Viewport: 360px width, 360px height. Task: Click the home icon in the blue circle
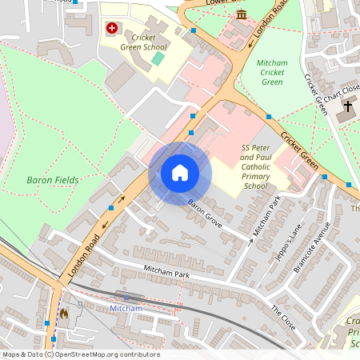[180, 172]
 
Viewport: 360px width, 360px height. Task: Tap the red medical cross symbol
[111, 28]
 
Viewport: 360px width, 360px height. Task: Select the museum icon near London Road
[241, 15]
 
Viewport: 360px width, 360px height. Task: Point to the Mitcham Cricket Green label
[272, 72]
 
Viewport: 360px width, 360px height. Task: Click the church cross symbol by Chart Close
[348, 106]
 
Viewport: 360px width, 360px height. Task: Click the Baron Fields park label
[52, 180]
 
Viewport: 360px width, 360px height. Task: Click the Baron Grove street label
[205, 214]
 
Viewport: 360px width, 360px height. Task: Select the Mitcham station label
[125, 308]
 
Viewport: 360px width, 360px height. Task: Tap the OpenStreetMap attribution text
[80, 354]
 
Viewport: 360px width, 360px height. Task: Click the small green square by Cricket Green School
[158, 58]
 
